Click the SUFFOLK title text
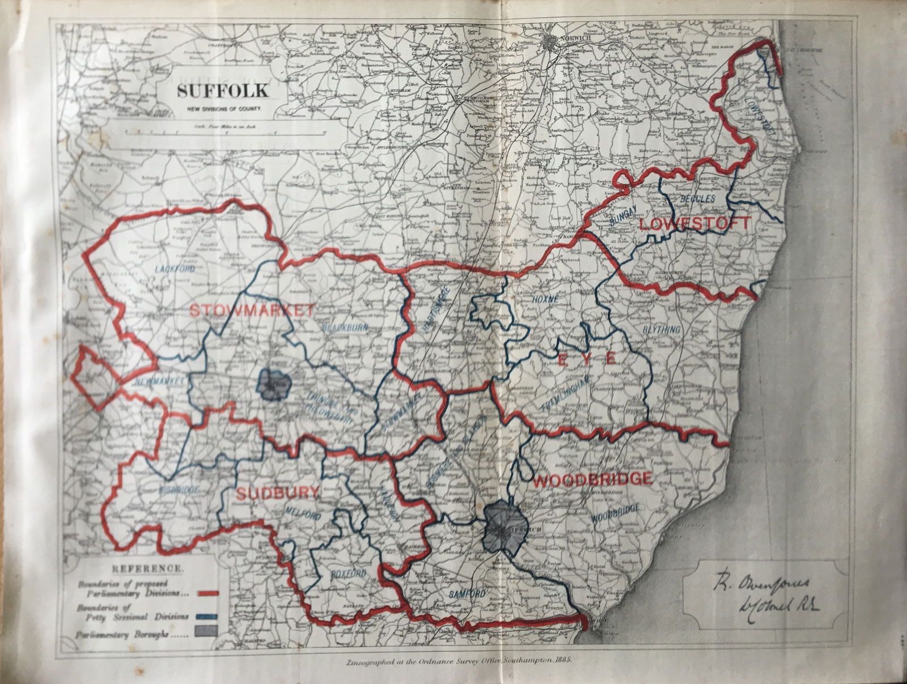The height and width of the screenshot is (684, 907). (223, 91)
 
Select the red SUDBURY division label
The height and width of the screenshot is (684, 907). (277, 494)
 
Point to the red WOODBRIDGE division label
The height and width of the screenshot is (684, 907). (592, 479)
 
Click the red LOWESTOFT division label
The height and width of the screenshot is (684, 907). (694, 223)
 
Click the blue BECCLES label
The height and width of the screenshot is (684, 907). (697, 199)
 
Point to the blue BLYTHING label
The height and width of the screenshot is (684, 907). (661, 329)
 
